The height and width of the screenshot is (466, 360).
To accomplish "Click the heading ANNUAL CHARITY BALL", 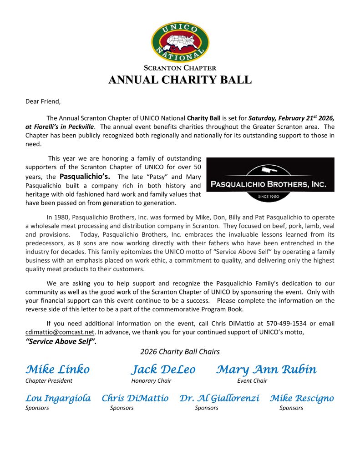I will pos(180,81).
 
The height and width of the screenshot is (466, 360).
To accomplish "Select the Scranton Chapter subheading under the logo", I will pos(180,68).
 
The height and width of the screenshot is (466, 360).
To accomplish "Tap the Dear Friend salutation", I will pos(43,101).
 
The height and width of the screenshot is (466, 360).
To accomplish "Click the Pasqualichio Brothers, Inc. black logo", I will pos(270,180).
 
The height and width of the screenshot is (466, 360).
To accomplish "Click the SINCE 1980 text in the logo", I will pos(270,197).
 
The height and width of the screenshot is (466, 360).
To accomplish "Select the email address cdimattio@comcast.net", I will pos(60,332).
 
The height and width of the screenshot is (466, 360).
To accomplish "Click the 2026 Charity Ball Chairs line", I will pos(180,351).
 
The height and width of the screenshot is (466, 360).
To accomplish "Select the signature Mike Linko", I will pos(58,369).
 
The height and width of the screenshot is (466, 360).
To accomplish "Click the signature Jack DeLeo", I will pos(163,369).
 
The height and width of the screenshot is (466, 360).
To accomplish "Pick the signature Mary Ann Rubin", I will pos(266,369).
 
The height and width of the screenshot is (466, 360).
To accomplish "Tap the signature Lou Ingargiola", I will pos(58,398).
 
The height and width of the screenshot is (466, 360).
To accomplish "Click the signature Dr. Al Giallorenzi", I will pos(220,398).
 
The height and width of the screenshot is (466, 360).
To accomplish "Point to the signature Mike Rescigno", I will pos(302,398).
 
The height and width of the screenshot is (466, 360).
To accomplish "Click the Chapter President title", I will pos(49,380).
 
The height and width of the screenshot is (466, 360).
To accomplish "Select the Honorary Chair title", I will pos(151,380).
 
